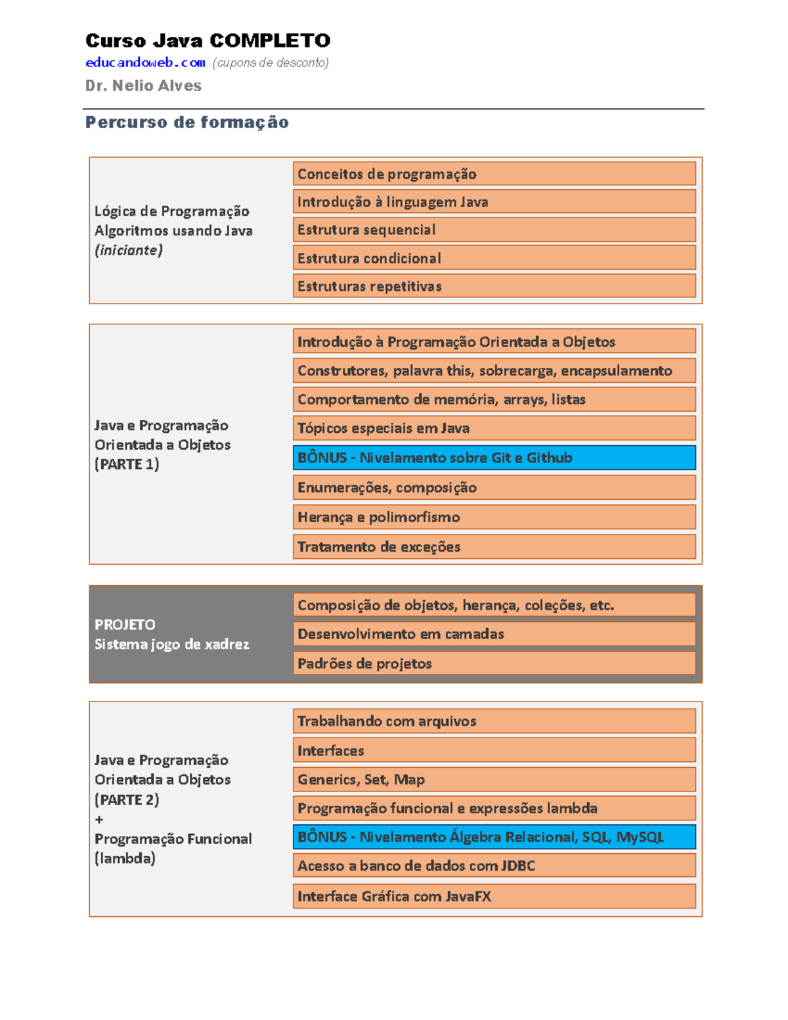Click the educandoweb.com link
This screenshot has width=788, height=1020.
pyautogui.click(x=145, y=62)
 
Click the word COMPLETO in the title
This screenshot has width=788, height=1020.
pyautogui.click(x=269, y=41)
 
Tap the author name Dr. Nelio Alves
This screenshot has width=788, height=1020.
pyautogui.click(x=143, y=85)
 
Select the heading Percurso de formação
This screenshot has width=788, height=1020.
pyautogui.click(x=187, y=122)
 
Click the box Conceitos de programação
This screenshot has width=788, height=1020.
pyautogui.click(x=494, y=174)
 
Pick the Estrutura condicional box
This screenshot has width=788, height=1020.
pyautogui.click(x=494, y=258)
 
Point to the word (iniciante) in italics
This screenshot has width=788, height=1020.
pyautogui.click(x=129, y=250)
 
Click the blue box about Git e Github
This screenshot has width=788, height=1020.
pyautogui.click(x=494, y=458)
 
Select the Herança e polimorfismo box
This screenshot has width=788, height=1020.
pyautogui.click(x=494, y=517)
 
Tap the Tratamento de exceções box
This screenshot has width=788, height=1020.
pyautogui.click(x=494, y=546)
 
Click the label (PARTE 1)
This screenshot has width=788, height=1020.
pyautogui.click(x=127, y=464)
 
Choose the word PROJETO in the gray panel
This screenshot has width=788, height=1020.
pyautogui.click(x=125, y=625)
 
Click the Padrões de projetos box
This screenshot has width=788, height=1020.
pyautogui.click(x=494, y=663)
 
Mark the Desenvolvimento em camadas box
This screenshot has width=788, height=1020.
pyautogui.click(x=494, y=634)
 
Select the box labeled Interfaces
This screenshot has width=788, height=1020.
pyautogui.click(x=494, y=750)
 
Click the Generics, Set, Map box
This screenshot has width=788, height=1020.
pyautogui.click(x=494, y=780)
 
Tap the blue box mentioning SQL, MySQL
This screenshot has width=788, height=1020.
pyautogui.click(x=494, y=837)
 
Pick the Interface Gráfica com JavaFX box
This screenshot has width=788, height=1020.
pyautogui.click(x=494, y=896)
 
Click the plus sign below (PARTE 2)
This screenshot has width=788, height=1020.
pyautogui.click(x=99, y=820)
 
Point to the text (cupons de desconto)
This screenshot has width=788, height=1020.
pyautogui.click(x=270, y=62)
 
